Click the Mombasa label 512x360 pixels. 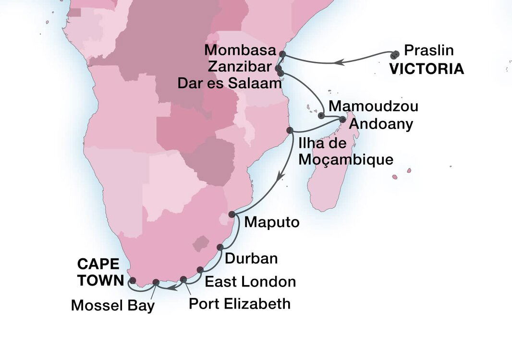click(240, 50)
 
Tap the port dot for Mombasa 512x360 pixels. click(282, 54)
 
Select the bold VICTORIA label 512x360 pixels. click(427, 69)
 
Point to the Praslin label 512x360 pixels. click(429, 50)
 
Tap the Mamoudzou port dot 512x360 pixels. click(321, 115)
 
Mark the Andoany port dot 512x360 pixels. click(342, 119)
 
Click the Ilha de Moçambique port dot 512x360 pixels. click(290, 130)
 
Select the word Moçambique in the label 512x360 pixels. click(345, 159)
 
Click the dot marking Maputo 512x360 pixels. click(232, 214)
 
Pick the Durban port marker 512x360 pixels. click(220, 247)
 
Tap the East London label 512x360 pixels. click(250, 282)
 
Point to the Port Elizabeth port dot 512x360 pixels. click(183, 279)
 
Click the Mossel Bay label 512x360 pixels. click(113, 305)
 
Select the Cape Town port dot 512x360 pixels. click(133, 280)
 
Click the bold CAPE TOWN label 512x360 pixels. click(99, 272)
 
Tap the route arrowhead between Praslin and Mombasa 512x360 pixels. click(339, 61)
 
